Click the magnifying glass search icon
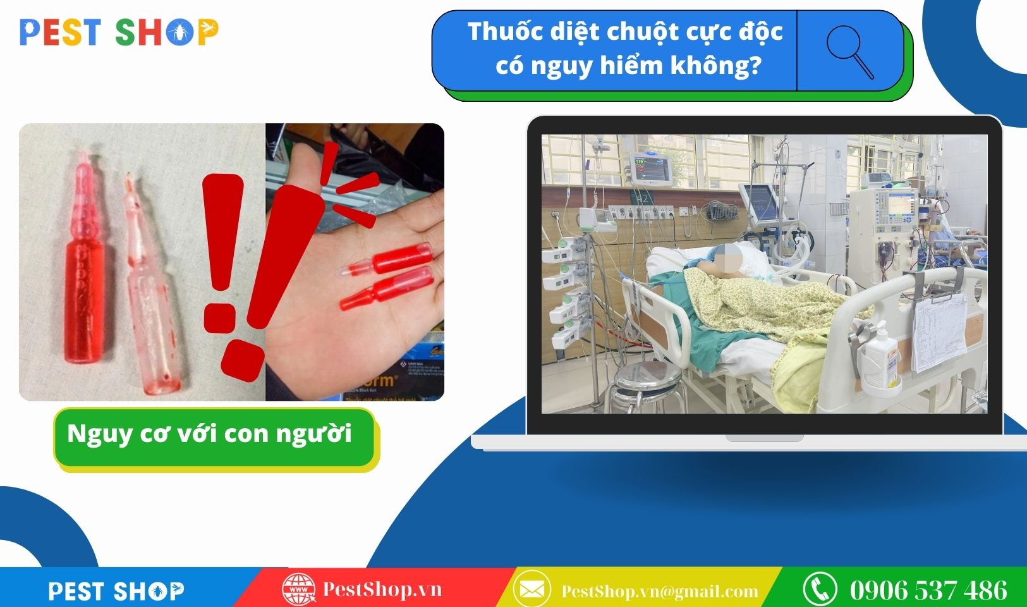pos(849,51)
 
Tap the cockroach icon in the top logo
pos(180,32)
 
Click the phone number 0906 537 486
pos(928,590)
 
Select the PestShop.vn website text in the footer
pos(382,589)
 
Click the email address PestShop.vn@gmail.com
pos(660,591)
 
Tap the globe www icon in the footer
pos(298,589)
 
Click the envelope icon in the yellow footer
pos(532,589)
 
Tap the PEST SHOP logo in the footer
pos(116,591)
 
